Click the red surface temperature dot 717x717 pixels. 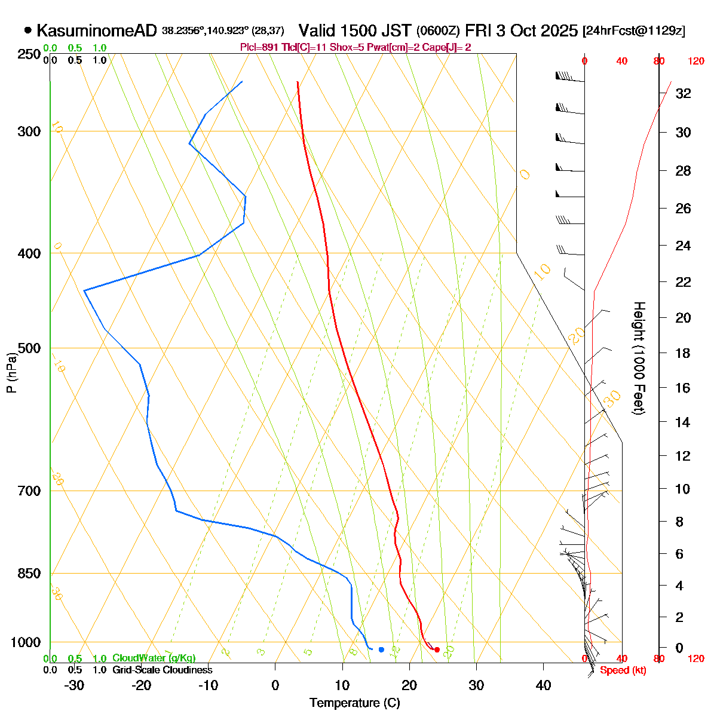click(x=437, y=649)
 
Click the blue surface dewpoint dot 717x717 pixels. click(x=381, y=649)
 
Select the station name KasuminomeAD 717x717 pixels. click(x=96, y=30)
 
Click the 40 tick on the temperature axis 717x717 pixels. click(x=543, y=685)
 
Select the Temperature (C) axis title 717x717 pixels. click(x=354, y=703)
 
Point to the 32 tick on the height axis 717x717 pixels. click(x=683, y=94)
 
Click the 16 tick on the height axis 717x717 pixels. click(x=683, y=388)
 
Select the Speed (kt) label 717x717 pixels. click(x=623, y=670)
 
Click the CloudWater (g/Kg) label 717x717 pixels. click(x=154, y=658)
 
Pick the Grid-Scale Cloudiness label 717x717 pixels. click(x=162, y=670)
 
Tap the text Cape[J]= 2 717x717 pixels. click(x=447, y=47)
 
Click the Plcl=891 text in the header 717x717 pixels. click(x=259, y=47)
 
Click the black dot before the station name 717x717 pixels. click(x=27, y=30)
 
